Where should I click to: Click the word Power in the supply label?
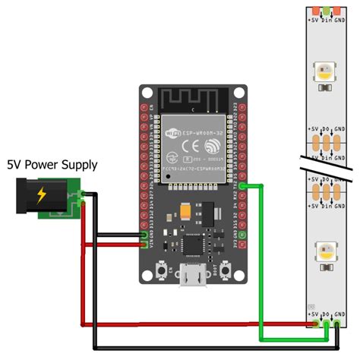click(x=52, y=163)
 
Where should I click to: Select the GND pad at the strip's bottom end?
click(x=337, y=324)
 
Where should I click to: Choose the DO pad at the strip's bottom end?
click(x=325, y=324)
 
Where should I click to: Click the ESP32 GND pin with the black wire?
click(x=145, y=235)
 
